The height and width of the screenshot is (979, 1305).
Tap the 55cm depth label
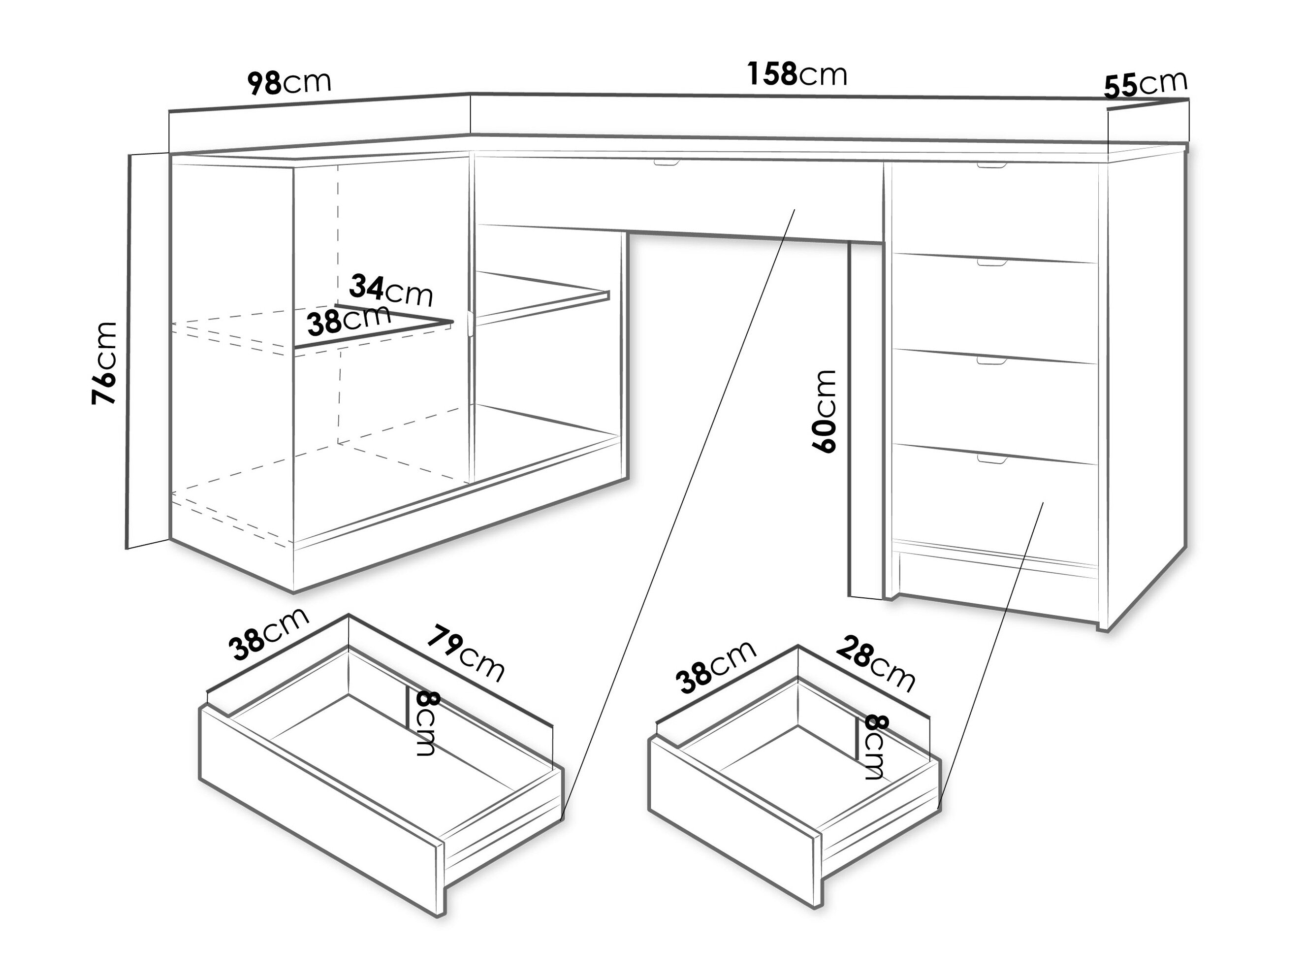click(1145, 84)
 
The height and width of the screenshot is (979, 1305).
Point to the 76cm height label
click(104, 363)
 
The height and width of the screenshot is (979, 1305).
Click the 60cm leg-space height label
click(824, 411)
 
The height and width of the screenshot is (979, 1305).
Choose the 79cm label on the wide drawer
click(466, 653)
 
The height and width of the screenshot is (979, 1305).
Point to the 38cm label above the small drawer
click(717, 666)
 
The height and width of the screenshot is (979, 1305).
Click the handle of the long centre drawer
click(667, 162)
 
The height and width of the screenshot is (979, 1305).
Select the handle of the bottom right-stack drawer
click(993, 458)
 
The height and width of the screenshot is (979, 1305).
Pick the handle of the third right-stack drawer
click(992, 360)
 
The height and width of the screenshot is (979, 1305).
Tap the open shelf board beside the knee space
click(542, 298)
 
